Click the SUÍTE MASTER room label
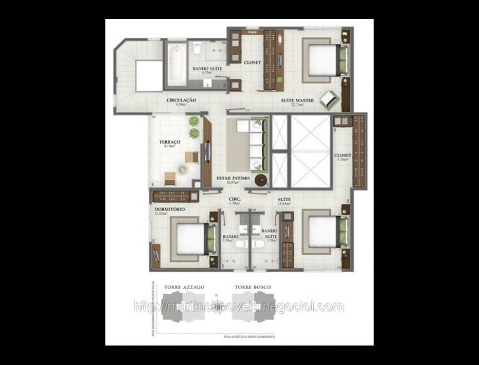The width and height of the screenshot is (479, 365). click(x=297, y=99)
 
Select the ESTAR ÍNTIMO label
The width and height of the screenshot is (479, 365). click(x=233, y=178)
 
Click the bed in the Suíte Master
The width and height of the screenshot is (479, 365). click(x=323, y=60)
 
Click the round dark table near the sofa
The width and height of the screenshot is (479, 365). click(x=261, y=180)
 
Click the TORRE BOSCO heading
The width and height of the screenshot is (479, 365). click(x=252, y=286)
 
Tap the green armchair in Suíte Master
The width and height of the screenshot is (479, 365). click(x=330, y=97)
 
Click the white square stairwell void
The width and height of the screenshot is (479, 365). click(x=149, y=75)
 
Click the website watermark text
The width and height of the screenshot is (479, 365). click(x=238, y=307)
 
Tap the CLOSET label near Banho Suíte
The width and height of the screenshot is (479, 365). click(x=252, y=62)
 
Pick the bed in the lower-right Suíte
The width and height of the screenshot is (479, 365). click(x=321, y=232)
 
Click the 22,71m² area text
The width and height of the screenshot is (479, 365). click(x=297, y=105)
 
